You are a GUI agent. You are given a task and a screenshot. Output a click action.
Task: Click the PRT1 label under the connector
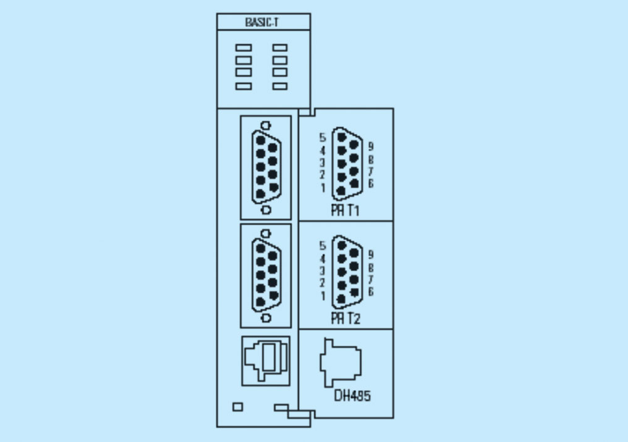pos(346,211)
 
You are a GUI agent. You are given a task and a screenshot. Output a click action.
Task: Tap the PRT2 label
pos(346,319)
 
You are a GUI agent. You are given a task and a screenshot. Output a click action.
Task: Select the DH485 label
pos(352,396)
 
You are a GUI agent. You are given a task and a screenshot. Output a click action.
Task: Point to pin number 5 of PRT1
pos(323,137)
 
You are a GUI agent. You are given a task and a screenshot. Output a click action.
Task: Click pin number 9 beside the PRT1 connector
pos(370,147)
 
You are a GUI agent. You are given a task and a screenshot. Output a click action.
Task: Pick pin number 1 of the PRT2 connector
pos(323,296)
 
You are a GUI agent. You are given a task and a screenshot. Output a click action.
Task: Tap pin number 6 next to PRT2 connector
pos(370,291)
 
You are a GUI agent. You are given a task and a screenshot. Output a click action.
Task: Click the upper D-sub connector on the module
pos(265,167)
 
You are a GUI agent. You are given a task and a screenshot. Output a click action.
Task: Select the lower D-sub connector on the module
pos(265,275)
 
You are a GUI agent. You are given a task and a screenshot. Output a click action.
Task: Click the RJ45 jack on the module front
pos(265,360)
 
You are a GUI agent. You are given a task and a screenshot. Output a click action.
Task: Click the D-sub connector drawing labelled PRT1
pos(346,163)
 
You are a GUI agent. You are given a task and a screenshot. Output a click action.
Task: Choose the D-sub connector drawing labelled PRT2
pos(346,270)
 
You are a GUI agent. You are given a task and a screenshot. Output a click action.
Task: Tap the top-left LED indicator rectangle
pos(244,48)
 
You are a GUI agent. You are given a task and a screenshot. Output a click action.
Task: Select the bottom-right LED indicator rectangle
pos(280,86)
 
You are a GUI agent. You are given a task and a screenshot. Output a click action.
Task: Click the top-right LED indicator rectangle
pos(280,48)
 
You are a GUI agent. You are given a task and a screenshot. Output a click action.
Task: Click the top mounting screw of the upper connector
pos(266,125)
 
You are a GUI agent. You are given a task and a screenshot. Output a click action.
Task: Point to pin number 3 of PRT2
pos(323,271)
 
